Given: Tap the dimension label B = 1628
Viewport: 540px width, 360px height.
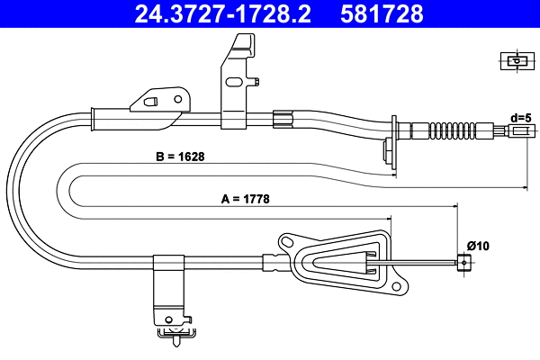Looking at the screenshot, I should click(x=179, y=156).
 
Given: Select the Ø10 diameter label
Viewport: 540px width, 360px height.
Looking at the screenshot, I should click(x=479, y=245).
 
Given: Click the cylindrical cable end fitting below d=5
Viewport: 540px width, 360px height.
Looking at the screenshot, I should click(x=519, y=131).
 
